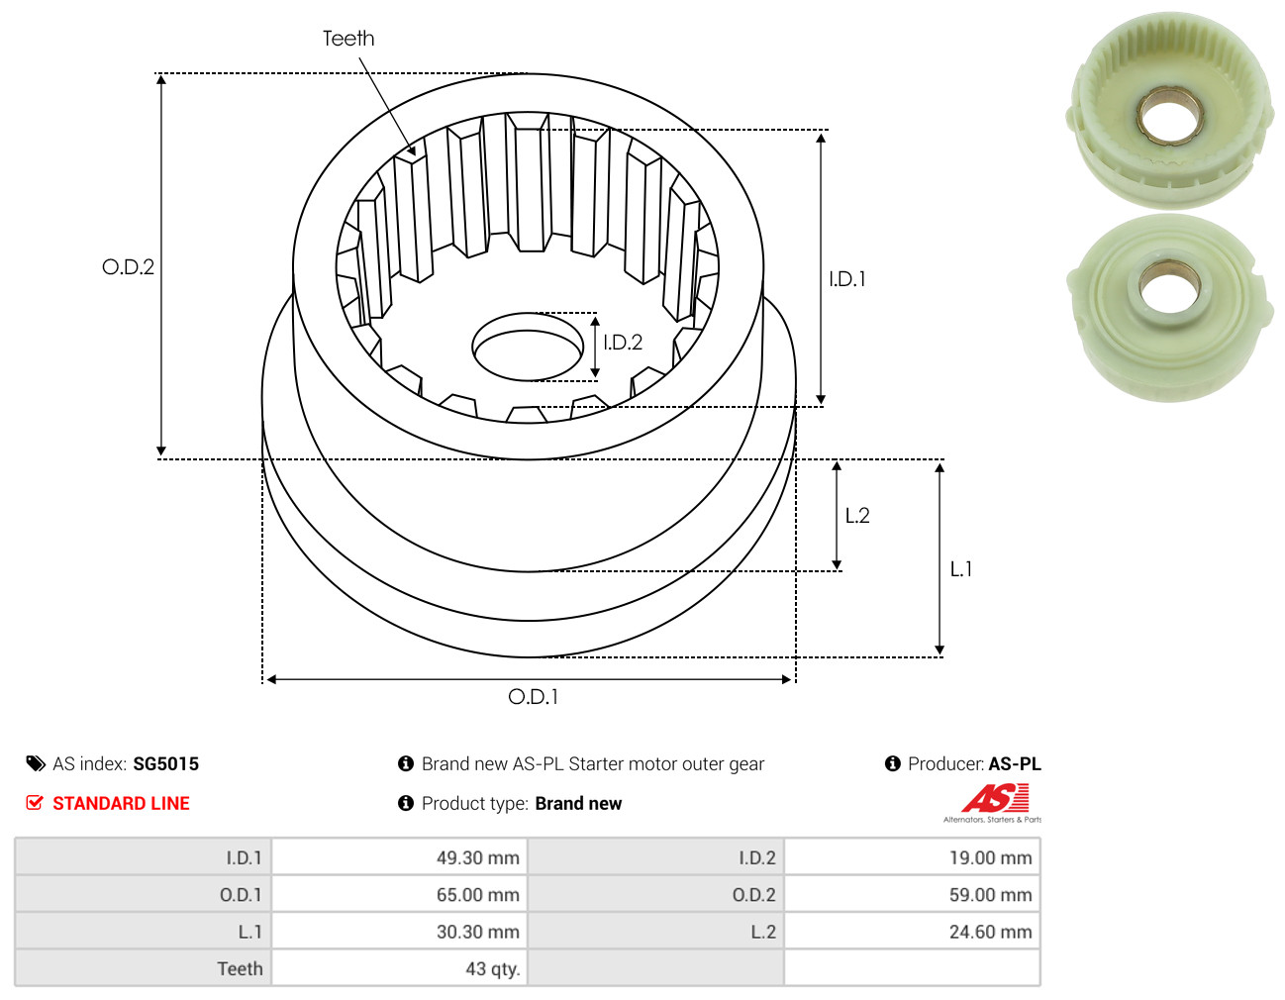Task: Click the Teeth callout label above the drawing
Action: pyautogui.click(x=348, y=39)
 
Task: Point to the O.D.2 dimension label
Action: pyautogui.click(x=128, y=266)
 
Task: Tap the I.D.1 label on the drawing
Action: pyautogui.click(x=846, y=279)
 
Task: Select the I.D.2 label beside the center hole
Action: pyautogui.click(x=622, y=343)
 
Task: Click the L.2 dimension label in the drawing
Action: pyautogui.click(x=857, y=516)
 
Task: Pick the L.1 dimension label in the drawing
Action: pyautogui.click(x=961, y=569)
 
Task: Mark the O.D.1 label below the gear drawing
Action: pyautogui.click(x=533, y=697)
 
